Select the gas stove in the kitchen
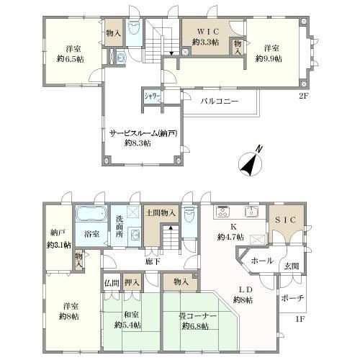223,212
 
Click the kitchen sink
251,212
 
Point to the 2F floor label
302,96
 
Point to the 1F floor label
300,319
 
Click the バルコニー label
220,101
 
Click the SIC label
285,220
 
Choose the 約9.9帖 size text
269,58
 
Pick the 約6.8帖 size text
195,326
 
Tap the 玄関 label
292,266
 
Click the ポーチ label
292,298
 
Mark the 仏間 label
112,283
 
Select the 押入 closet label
132,282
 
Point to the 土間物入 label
161,212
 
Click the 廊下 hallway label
153,261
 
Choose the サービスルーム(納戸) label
143,133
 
